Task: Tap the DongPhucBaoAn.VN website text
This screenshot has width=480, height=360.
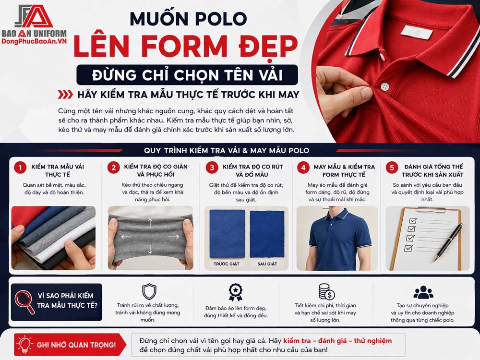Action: (x=34, y=41)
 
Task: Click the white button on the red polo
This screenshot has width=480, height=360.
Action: (x=384, y=86)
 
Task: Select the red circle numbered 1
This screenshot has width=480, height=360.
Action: (x=20, y=168)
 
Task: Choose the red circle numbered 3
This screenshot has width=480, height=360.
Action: (x=212, y=168)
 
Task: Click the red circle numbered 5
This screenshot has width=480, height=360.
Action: (x=392, y=168)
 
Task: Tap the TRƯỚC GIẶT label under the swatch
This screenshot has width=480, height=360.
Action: (x=226, y=264)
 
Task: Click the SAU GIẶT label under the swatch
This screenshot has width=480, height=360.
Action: (x=267, y=264)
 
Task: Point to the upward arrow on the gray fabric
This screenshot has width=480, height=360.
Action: (x=150, y=223)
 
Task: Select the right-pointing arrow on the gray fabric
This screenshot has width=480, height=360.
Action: (x=174, y=237)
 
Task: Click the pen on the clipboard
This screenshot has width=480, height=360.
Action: (x=447, y=242)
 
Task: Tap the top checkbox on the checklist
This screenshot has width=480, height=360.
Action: (x=413, y=220)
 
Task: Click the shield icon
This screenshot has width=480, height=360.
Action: (x=149, y=292)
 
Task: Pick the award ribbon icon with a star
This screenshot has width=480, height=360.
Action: (x=235, y=292)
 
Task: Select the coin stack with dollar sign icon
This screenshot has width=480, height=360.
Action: (x=326, y=292)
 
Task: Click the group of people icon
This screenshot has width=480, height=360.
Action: (x=423, y=292)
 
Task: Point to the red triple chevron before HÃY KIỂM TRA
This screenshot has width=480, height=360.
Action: (x=65, y=95)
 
